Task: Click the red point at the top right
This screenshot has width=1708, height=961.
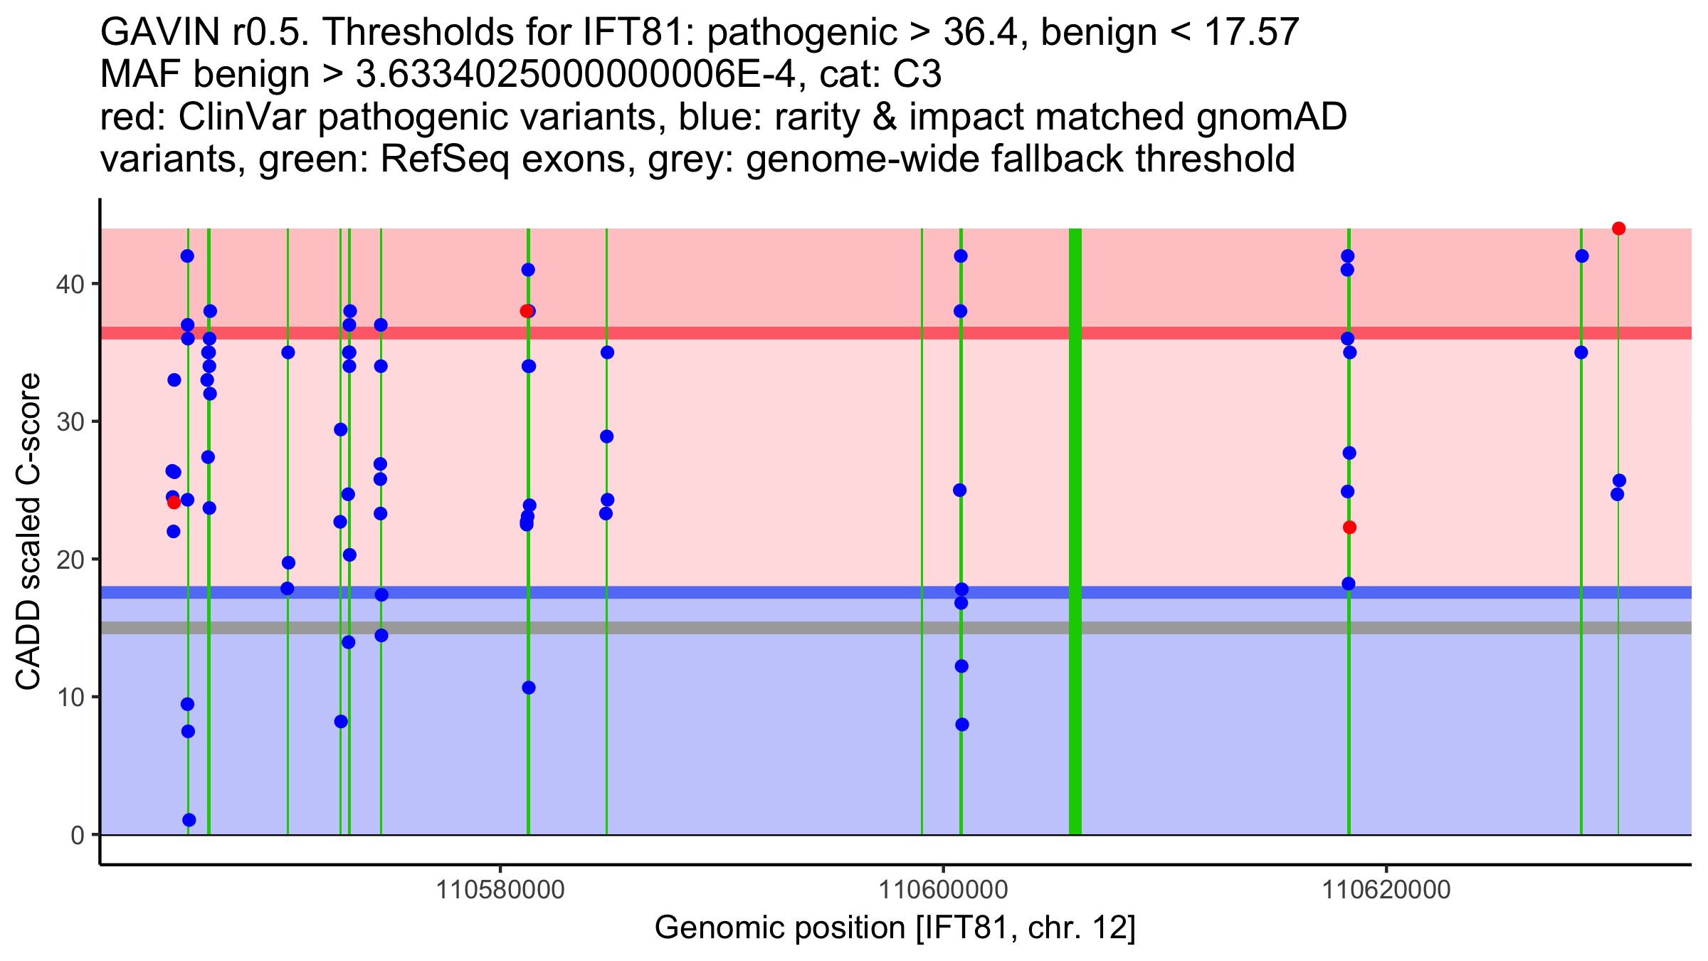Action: tap(1618, 229)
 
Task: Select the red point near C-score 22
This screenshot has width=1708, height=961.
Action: tap(1349, 527)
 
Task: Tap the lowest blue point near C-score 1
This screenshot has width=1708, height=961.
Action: tap(189, 820)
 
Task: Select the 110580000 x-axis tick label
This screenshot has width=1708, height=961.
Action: tap(501, 891)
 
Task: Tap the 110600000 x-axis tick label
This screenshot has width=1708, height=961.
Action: tap(944, 891)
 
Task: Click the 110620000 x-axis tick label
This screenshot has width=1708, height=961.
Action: tap(1386, 891)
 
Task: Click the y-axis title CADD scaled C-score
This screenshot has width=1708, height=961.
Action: tap(28, 532)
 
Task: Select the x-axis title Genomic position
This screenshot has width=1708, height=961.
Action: tap(895, 928)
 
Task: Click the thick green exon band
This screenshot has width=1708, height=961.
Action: tap(1075, 532)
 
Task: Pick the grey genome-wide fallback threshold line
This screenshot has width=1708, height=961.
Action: tap(896, 628)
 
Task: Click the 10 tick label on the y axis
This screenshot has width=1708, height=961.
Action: tap(70, 697)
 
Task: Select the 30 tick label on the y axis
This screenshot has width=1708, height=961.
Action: tap(70, 422)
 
